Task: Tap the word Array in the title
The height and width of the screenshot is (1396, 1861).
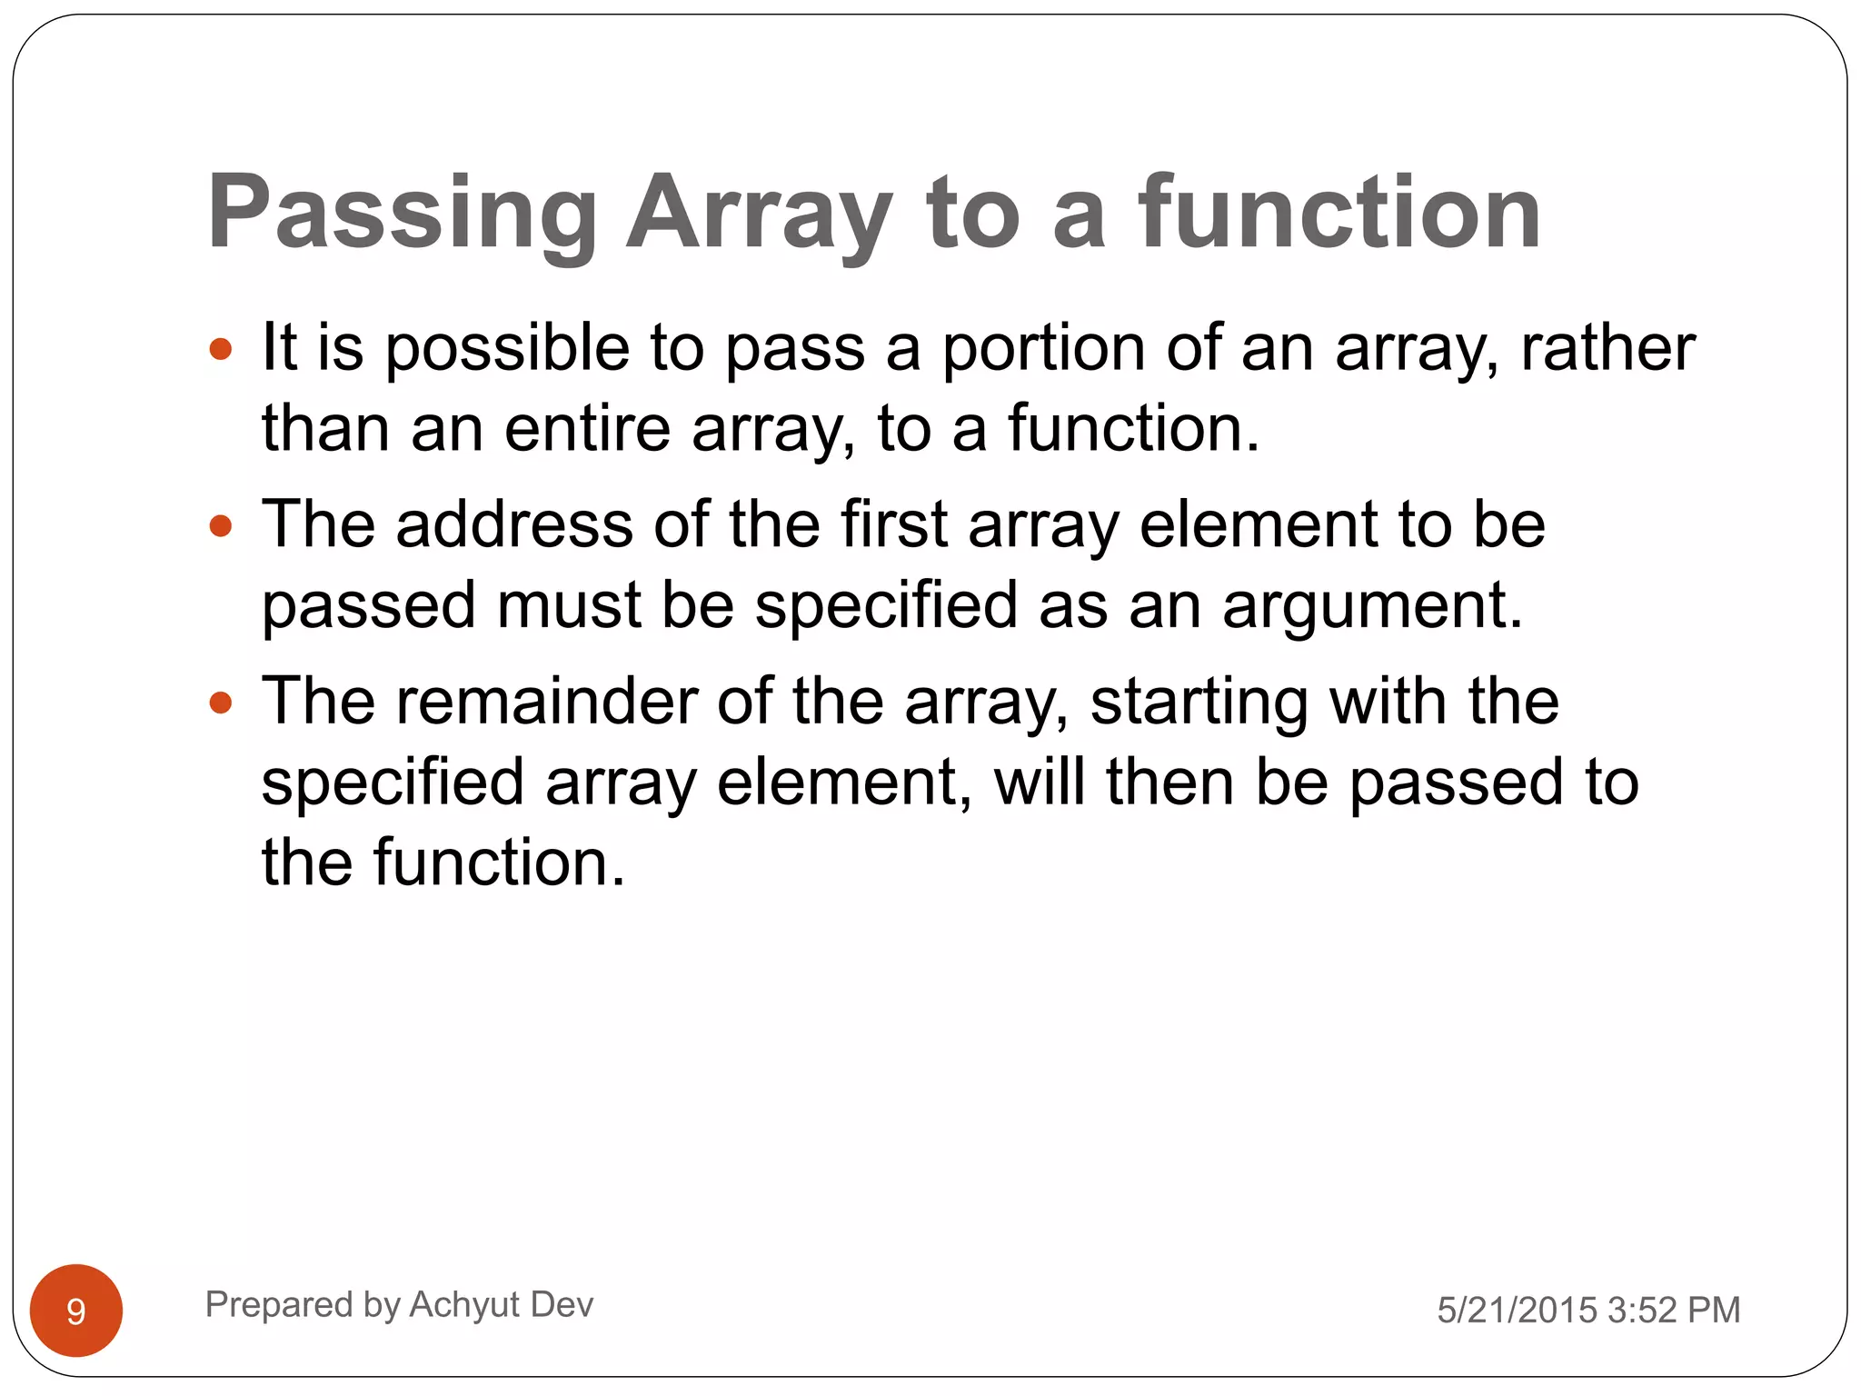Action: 759,214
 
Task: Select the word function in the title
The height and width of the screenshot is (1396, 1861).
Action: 1339,214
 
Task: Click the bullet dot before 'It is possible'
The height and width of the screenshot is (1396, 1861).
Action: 221,349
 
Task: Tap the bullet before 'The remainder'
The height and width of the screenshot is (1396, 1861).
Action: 221,703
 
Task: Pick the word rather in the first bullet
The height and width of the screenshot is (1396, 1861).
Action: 1607,349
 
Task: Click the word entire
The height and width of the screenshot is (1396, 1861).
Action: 587,429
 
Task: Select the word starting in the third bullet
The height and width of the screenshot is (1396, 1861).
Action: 1199,703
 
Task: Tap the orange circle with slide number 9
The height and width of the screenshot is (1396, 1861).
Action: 76,1310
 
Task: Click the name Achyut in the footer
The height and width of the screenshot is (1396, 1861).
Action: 464,1305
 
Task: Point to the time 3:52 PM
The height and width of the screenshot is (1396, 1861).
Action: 1673,1311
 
